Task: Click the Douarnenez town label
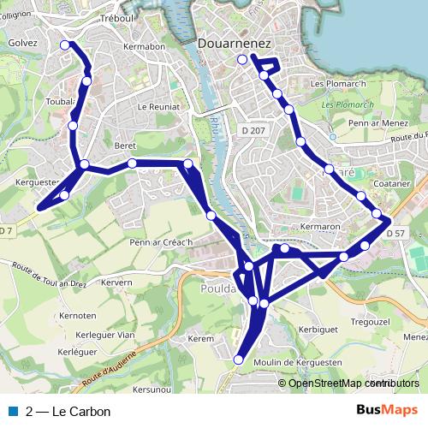[234, 41]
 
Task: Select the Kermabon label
[143, 46]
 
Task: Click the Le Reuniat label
[159, 107]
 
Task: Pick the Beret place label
[125, 146]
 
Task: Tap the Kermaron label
[322, 227]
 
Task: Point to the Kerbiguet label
[318, 329]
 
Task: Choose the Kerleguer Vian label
[102, 335]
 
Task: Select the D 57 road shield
[395, 233]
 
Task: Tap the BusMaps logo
[387, 411]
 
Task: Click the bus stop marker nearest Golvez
[66, 45]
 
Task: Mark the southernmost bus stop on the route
[240, 360]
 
